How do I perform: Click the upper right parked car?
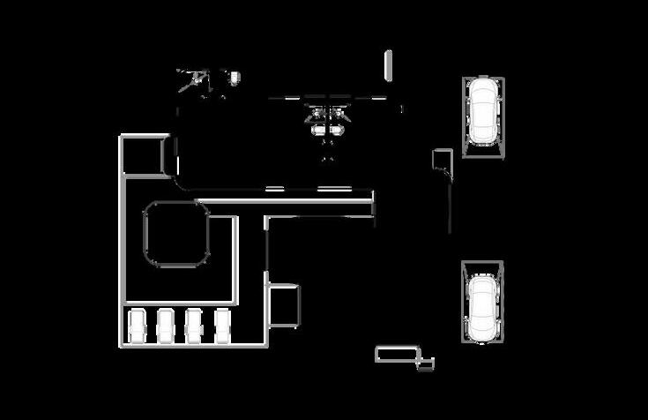coord(483,111)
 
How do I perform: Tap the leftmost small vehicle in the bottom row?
coord(137,326)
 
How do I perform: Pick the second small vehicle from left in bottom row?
coord(165,326)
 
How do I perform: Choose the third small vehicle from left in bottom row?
coord(194,326)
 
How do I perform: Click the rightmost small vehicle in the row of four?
coord(222,326)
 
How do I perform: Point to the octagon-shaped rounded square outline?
coord(176,233)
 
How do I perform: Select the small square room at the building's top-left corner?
coord(143,155)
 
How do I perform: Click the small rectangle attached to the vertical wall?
coord(284,305)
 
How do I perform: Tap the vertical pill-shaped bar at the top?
coord(388,64)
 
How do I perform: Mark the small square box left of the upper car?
coord(442,159)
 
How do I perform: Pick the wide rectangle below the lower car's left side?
coord(396,354)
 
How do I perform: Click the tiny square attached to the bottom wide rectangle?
coord(426,364)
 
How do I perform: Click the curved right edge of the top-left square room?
coord(168,156)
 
